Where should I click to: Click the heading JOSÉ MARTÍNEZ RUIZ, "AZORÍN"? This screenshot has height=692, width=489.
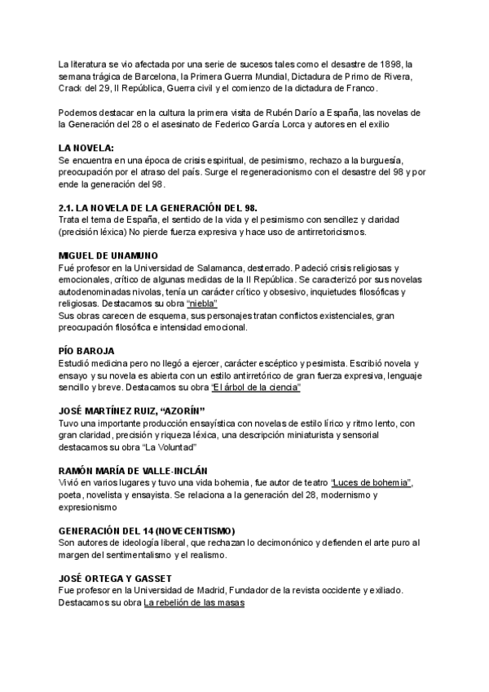tap(131, 410)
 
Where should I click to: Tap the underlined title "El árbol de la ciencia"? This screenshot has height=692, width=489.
tap(256, 387)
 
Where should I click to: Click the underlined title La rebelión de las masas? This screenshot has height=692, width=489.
tap(195, 603)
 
